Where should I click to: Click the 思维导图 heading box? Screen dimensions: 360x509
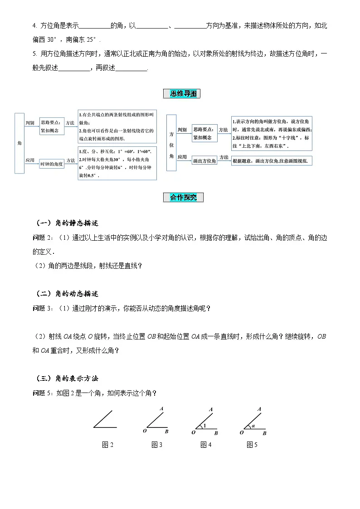[181, 94]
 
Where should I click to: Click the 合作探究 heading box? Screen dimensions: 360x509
[183, 197]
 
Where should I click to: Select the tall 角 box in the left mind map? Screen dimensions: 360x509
[19, 143]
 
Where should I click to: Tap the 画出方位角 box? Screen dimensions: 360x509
[204, 160]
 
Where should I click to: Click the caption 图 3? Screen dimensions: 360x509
[157, 445]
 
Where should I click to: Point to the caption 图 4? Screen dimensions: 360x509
[206, 445]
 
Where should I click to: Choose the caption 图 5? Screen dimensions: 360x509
[252, 445]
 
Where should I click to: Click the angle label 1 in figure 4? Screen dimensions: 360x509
[204, 426]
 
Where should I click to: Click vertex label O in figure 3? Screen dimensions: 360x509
[144, 431]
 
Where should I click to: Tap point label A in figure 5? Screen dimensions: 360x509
[259, 409]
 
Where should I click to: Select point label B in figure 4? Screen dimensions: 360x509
[216, 433]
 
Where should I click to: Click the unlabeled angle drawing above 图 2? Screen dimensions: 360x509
[105, 419]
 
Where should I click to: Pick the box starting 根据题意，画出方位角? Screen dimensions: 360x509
[272, 160]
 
